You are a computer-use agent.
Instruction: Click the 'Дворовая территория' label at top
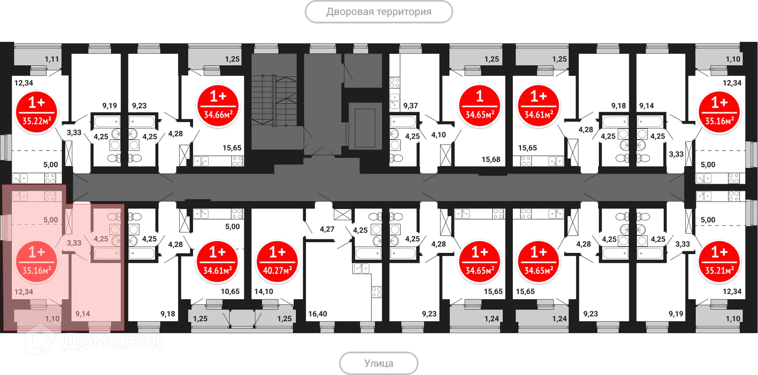(379, 12)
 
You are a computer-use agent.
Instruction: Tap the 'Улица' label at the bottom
(379, 362)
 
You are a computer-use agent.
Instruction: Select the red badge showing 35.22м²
(36, 111)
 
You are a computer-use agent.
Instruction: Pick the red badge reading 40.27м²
(277, 261)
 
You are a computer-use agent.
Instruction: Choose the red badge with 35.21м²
(719, 261)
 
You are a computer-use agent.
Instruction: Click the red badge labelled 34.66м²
(218, 105)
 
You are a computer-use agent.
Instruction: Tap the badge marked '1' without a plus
(479, 105)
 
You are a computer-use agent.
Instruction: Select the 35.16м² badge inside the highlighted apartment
(36, 261)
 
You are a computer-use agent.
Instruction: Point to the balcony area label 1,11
(52, 59)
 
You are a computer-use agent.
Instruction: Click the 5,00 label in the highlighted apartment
(51, 220)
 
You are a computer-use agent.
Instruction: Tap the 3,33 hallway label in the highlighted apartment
(74, 243)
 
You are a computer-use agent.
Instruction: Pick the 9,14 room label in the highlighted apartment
(83, 314)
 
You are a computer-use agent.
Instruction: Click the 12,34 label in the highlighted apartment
(24, 292)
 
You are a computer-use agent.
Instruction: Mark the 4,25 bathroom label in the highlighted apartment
(101, 239)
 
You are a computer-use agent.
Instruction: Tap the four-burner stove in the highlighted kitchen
(50, 196)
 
